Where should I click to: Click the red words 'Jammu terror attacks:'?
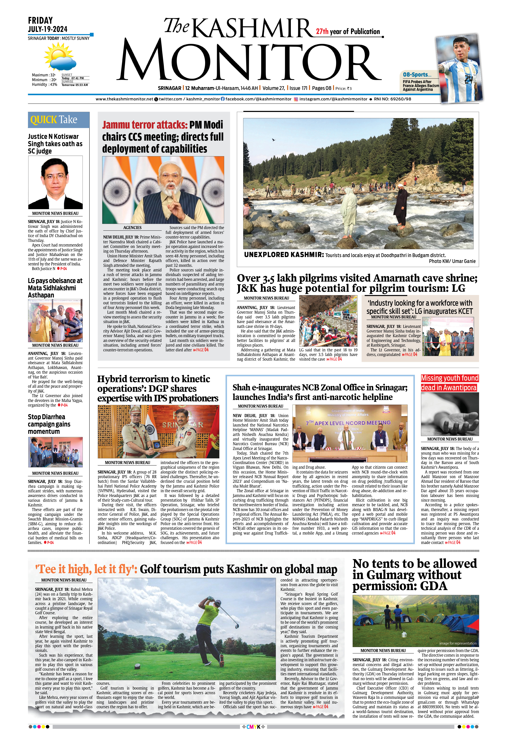[144, 125]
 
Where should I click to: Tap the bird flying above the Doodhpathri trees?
[273, 140]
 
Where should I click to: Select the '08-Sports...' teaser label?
[417, 74]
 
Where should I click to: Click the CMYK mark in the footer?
[253, 727]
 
